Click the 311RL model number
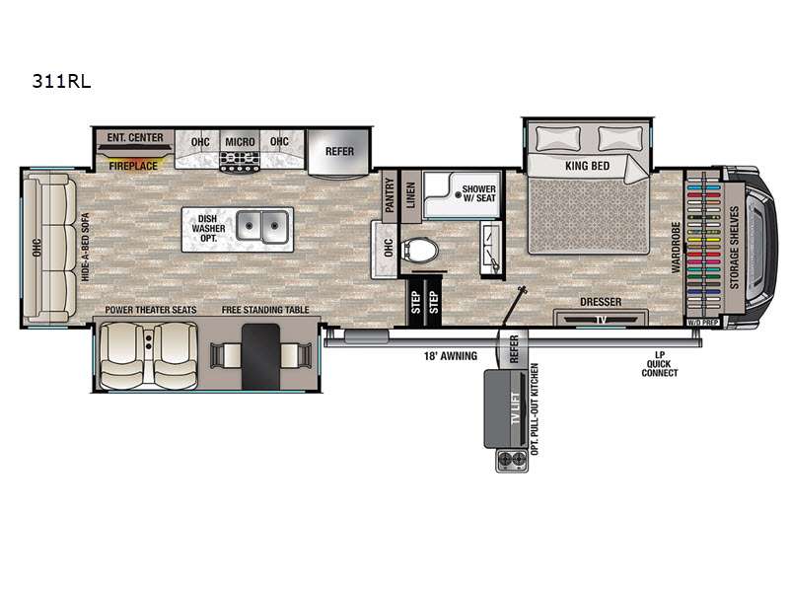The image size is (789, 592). [61, 81]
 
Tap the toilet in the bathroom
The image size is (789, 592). [420, 251]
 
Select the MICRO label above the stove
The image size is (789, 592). [240, 142]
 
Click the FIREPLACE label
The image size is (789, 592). [133, 166]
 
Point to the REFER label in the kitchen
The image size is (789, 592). [339, 151]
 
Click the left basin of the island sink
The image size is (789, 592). [250, 226]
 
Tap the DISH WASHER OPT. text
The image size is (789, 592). [208, 228]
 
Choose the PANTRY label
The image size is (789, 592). [389, 194]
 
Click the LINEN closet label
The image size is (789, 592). [410, 195]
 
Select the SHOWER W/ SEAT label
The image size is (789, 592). [478, 193]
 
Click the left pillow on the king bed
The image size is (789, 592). [558, 138]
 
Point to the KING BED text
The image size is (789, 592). [587, 166]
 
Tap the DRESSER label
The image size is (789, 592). [601, 302]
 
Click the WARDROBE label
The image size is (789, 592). [676, 248]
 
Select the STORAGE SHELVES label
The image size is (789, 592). [734, 248]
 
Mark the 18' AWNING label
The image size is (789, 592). [451, 356]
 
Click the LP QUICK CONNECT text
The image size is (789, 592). [660, 364]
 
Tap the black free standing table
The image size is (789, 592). [260, 356]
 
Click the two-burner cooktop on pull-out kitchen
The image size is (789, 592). [512, 460]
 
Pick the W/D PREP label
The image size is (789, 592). [703, 323]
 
